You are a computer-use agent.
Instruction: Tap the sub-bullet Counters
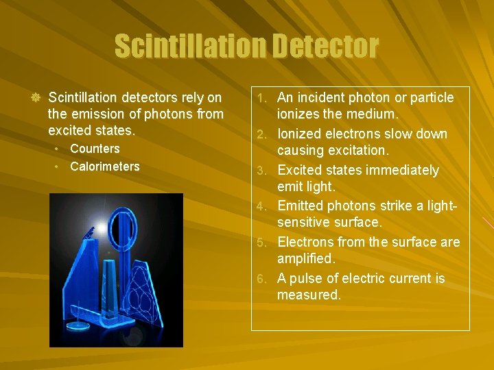pyautogui.click(x=95, y=149)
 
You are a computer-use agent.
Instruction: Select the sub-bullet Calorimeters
pyautogui.click(x=104, y=166)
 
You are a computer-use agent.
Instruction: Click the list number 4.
pyautogui.click(x=268, y=206)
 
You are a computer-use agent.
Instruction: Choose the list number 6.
pyautogui.click(x=268, y=279)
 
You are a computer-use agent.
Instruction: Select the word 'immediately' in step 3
pyautogui.click(x=404, y=170)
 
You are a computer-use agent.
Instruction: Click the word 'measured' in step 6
pyautogui.click(x=308, y=295)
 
